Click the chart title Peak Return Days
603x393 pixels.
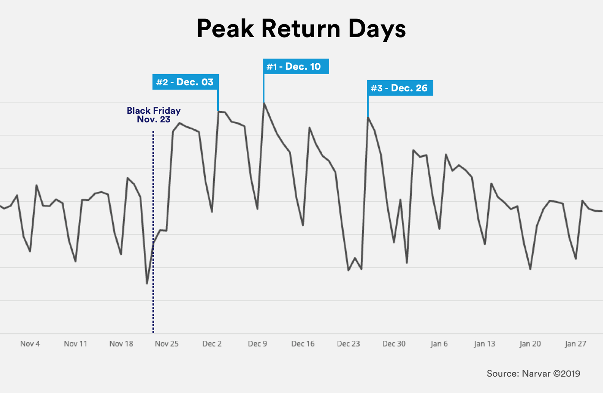coord(301,29)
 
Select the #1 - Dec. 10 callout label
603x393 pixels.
coord(296,66)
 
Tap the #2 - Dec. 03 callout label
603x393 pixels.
coord(185,82)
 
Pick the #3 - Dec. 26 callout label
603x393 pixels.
coord(400,88)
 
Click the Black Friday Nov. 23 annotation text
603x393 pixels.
coord(154,115)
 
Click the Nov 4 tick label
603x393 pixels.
coord(30,344)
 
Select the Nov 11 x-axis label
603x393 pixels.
coord(75,344)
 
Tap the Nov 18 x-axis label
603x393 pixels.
coord(121,344)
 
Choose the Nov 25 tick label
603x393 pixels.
coord(167,344)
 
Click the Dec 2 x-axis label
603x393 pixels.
coord(212,344)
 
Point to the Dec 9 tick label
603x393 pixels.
coord(258,344)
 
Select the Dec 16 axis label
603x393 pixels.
coord(303,344)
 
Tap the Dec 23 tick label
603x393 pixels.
coord(348,344)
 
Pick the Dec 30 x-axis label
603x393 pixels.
coord(394,344)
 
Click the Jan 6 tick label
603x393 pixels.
coord(439,344)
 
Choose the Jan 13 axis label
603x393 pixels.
coord(485,344)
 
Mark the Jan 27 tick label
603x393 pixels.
coord(575,344)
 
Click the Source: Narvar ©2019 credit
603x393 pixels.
coord(533,374)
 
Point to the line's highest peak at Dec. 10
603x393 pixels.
coord(264,103)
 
